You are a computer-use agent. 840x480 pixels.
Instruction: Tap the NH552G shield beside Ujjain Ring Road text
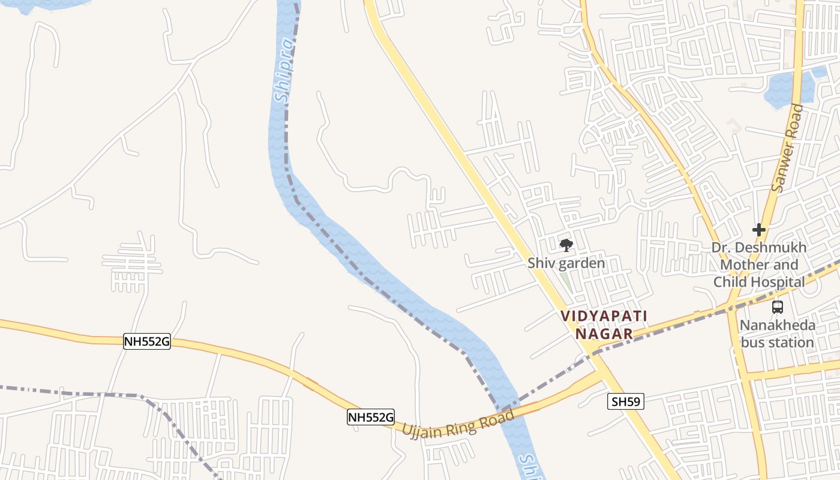pos(371,417)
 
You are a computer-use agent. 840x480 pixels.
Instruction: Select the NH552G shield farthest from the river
pos(147,341)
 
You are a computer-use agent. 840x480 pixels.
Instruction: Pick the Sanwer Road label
pos(787,148)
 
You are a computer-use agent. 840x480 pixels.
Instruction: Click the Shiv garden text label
pos(566,263)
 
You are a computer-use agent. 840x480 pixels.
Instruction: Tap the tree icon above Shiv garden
pos(566,245)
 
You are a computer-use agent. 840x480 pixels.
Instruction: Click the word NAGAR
pos(604,334)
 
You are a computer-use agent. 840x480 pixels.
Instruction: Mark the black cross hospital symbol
pos(759,229)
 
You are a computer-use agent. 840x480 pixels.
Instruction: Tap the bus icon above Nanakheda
pos(778,307)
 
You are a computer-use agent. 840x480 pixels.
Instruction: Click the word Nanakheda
pos(777,325)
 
